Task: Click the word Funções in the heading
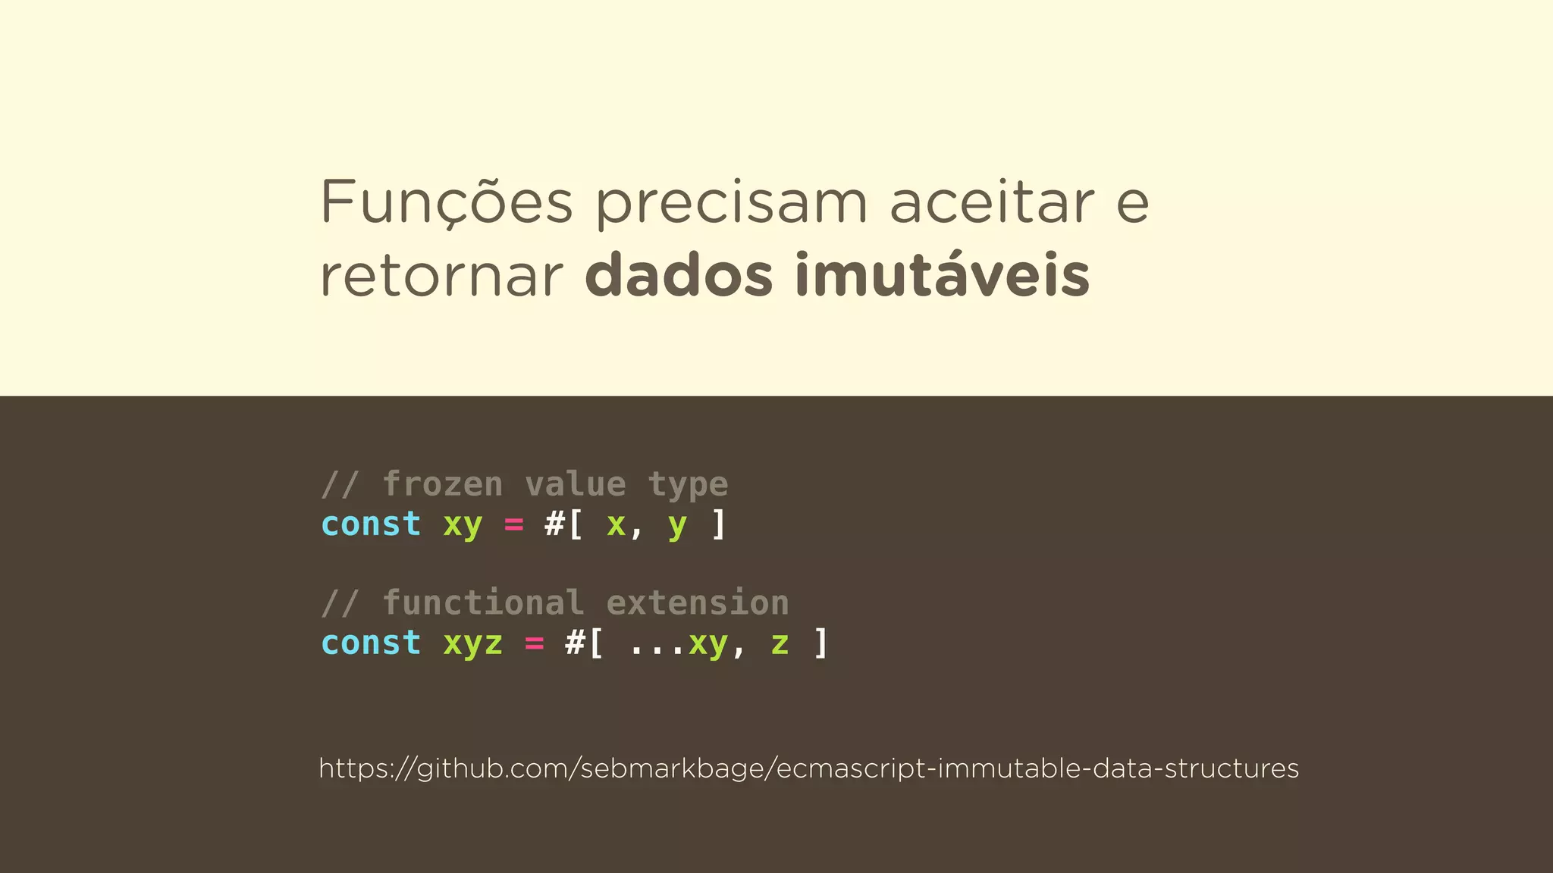point(446,202)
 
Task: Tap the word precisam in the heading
point(731,202)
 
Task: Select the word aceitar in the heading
point(992,202)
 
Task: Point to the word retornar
point(442,276)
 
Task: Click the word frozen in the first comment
point(443,484)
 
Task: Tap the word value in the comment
point(576,484)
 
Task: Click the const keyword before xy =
point(371,524)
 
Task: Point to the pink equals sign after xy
point(513,524)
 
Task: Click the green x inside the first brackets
point(616,524)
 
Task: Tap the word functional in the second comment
point(484,603)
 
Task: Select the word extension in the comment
point(698,603)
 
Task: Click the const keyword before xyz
point(371,643)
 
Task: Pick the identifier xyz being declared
point(472,644)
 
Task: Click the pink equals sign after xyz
point(534,643)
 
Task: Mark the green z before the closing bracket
point(780,644)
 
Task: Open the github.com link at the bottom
point(808,768)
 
